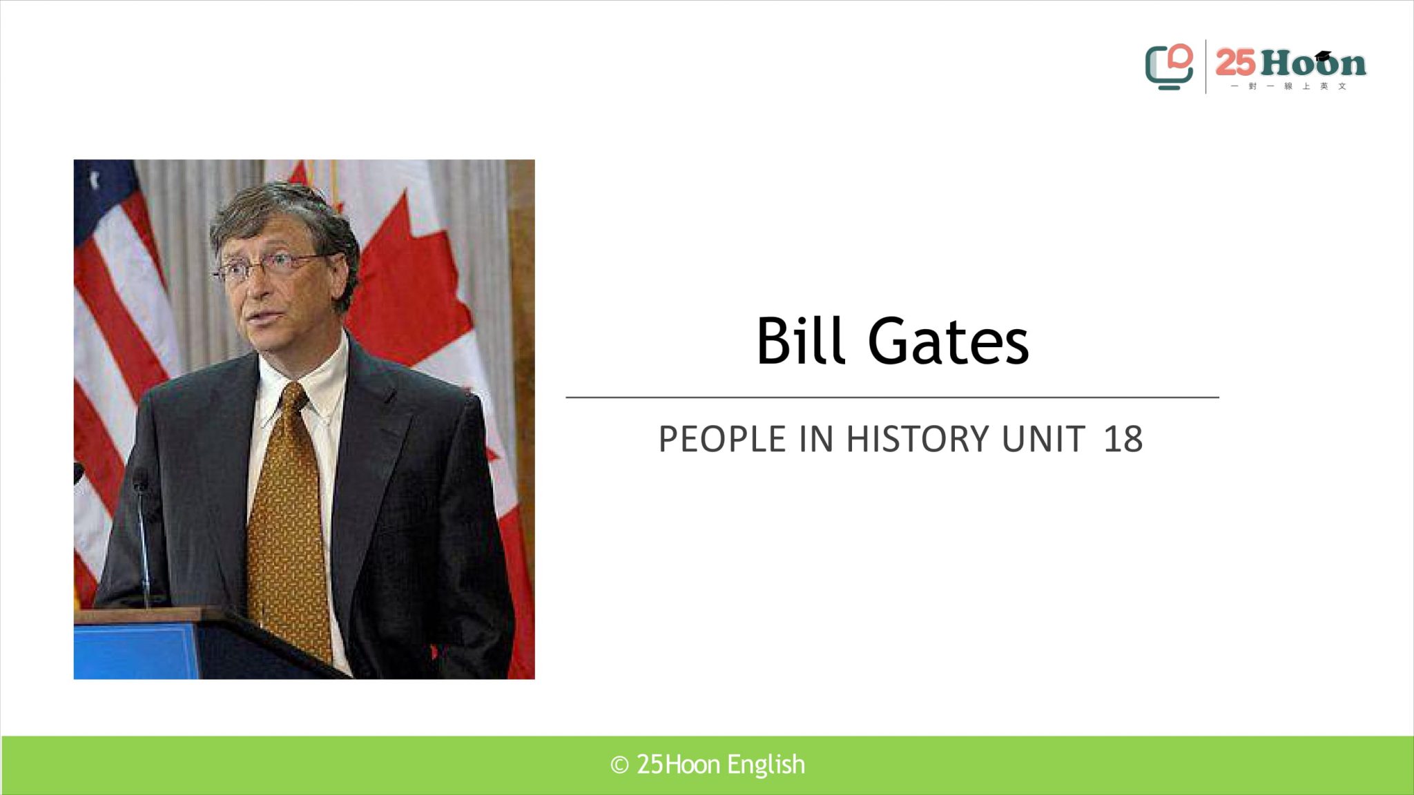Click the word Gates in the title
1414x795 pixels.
[x=949, y=341]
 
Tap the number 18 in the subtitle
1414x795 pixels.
[x=1123, y=439]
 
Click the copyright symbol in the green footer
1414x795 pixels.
[x=619, y=765]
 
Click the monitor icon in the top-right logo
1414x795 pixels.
[x=1169, y=67]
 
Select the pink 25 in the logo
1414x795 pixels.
[x=1235, y=63]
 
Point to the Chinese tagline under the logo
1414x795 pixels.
[x=1288, y=86]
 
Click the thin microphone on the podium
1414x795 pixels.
[x=143, y=538]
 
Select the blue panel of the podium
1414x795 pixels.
[x=135, y=651]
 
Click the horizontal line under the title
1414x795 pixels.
[x=892, y=397]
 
